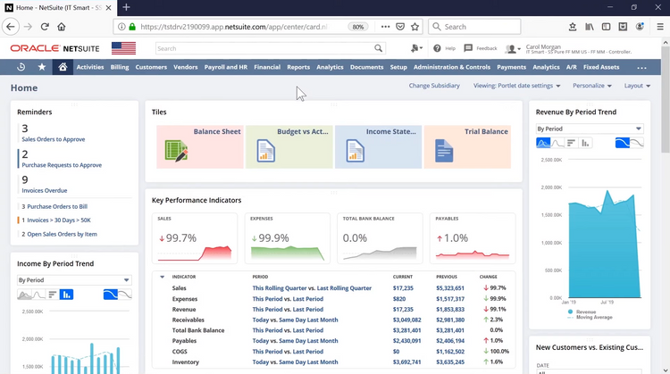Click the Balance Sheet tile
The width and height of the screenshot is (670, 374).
tap(200, 146)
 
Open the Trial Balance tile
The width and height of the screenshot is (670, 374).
tap(467, 146)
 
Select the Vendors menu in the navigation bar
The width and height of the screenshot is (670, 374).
tap(186, 67)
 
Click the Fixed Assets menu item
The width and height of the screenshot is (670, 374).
tap(601, 67)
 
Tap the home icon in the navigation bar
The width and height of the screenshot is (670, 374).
tap(63, 67)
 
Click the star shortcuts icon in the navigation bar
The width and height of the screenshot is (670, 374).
tap(41, 67)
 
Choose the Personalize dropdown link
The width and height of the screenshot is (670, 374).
tap(591, 86)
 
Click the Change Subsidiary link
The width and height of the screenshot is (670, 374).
tap(435, 86)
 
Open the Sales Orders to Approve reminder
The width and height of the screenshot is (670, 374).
tap(54, 139)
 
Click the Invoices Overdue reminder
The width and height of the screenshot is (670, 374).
tap(44, 190)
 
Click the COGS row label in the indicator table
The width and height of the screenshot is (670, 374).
tap(180, 351)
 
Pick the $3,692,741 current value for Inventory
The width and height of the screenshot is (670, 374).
tap(408, 362)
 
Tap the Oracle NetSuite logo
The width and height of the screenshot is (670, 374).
tap(55, 48)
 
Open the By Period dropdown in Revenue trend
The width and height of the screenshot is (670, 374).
tap(590, 129)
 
